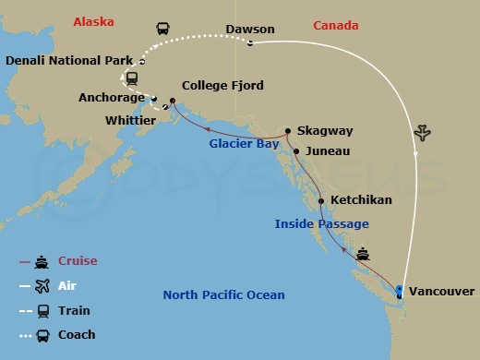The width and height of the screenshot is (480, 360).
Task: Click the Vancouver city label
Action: tap(443, 292)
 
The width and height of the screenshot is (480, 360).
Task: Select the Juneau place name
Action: tap(326, 150)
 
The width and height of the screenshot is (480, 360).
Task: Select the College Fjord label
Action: tap(222, 86)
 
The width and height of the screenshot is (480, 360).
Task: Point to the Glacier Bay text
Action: tap(242, 143)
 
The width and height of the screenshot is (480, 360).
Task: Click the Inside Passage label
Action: tap(321, 223)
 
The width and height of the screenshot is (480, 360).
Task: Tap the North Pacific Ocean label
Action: tap(223, 295)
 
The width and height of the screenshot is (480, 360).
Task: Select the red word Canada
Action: tap(336, 25)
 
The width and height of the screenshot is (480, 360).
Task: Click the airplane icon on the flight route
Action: tap(424, 132)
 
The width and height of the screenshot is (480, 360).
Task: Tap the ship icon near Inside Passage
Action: tap(364, 251)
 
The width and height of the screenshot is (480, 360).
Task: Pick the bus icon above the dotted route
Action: tap(164, 30)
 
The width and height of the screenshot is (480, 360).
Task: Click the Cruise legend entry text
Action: tap(78, 261)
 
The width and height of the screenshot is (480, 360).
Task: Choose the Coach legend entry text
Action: tap(78, 335)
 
